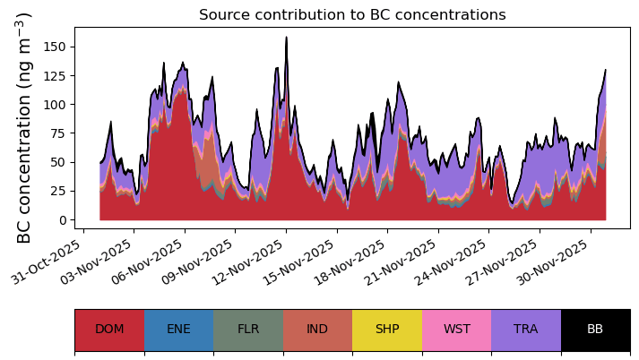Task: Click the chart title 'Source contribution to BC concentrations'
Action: (352, 14)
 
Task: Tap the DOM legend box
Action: (109, 330)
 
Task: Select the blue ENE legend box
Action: (179, 330)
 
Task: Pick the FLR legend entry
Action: (248, 330)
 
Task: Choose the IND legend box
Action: (317, 330)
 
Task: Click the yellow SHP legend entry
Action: (387, 330)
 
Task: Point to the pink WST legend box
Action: (457, 330)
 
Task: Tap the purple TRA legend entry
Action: (526, 330)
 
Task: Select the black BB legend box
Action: (595, 330)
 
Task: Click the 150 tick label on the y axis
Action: (56, 47)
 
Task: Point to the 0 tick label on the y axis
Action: (62, 220)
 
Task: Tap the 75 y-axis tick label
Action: (58, 133)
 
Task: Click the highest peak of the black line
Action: (287, 37)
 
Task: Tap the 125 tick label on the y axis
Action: (56, 76)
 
